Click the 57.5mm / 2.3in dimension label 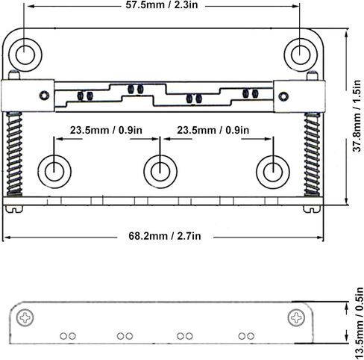162,4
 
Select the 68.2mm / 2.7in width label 165,236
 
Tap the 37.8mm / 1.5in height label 357,116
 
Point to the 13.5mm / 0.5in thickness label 359,323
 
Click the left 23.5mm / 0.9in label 106,130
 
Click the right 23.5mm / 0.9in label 213,130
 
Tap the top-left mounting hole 25,55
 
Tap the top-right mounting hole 301,55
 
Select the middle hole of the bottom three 160,172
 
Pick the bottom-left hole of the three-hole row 54,172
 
